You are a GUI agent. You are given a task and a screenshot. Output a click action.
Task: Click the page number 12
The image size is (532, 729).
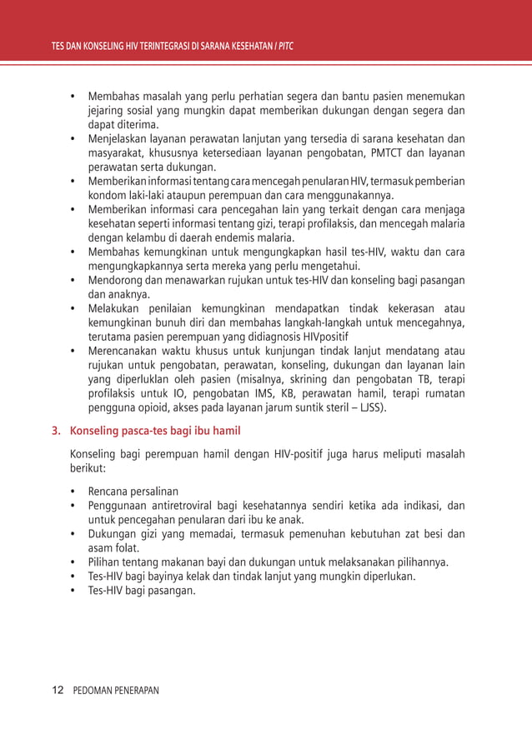(58, 691)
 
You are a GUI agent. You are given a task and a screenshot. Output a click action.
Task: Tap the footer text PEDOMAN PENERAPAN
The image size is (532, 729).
(116, 691)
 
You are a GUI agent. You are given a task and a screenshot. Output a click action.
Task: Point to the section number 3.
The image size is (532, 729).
(56, 432)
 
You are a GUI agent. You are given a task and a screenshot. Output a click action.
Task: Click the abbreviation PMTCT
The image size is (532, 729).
(383, 153)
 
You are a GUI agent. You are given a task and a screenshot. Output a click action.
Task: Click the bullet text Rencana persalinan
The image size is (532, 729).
(133, 491)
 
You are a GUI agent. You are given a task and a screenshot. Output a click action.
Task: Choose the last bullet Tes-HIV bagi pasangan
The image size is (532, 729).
(142, 591)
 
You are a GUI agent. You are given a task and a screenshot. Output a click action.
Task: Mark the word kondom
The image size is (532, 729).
(106, 195)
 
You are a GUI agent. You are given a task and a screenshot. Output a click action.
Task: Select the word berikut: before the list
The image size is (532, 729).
(94, 469)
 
